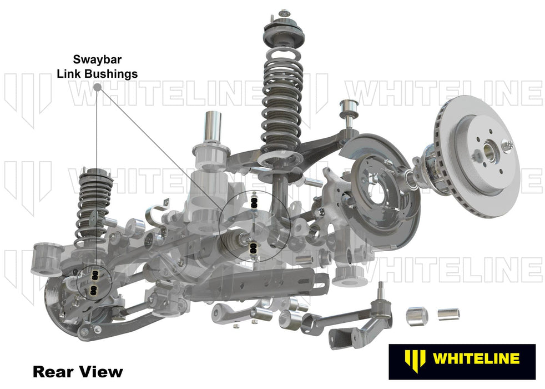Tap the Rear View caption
[78, 370]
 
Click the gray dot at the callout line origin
[97, 87]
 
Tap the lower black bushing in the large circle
[254, 250]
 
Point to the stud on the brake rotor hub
[508, 145]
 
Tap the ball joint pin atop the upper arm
[351, 108]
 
